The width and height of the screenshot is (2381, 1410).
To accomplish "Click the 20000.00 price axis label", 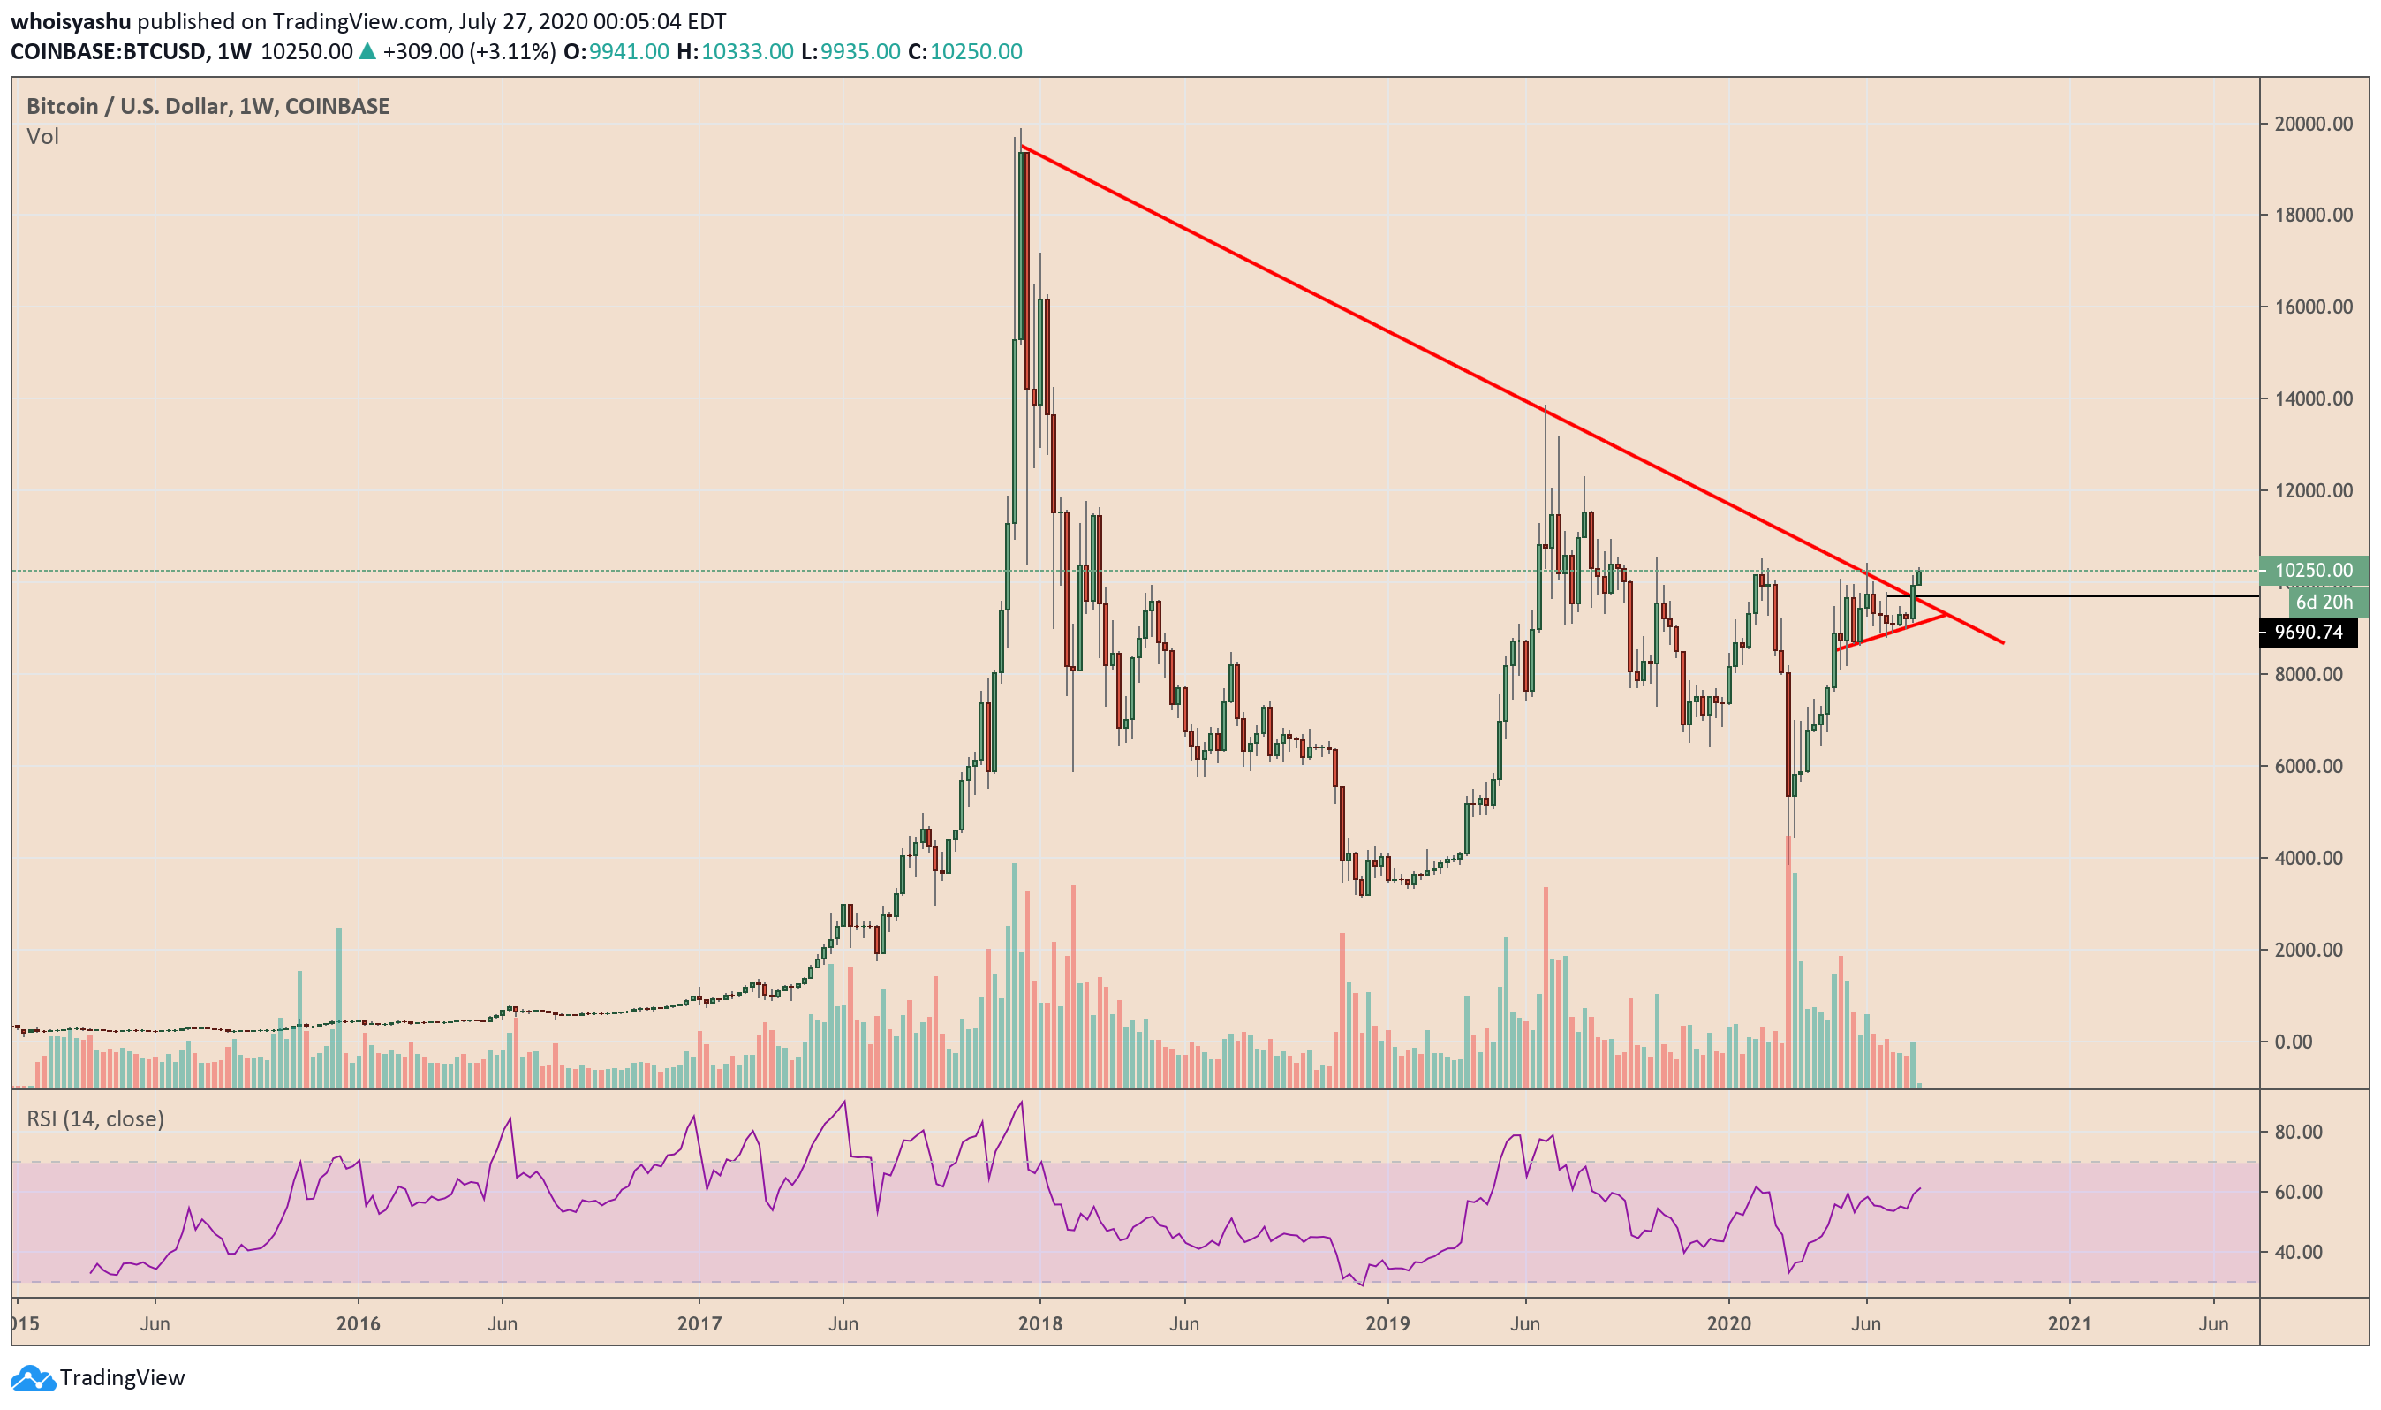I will click(x=2313, y=124).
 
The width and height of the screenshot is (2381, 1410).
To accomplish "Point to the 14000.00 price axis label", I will click(x=2313, y=399).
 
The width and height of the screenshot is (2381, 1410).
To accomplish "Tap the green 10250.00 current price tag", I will click(x=2314, y=571).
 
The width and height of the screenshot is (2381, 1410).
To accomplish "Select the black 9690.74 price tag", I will click(x=2308, y=633).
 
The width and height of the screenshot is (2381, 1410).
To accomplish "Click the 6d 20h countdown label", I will click(x=2324, y=603).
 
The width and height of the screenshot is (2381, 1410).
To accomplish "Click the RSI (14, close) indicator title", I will click(x=95, y=1119).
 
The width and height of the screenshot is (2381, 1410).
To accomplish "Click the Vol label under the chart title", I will click(x=42, y=137).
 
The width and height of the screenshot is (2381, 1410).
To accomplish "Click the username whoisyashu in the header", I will click(x=71, y=21).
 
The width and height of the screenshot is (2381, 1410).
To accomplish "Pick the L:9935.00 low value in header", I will click(x=850, y=51).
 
